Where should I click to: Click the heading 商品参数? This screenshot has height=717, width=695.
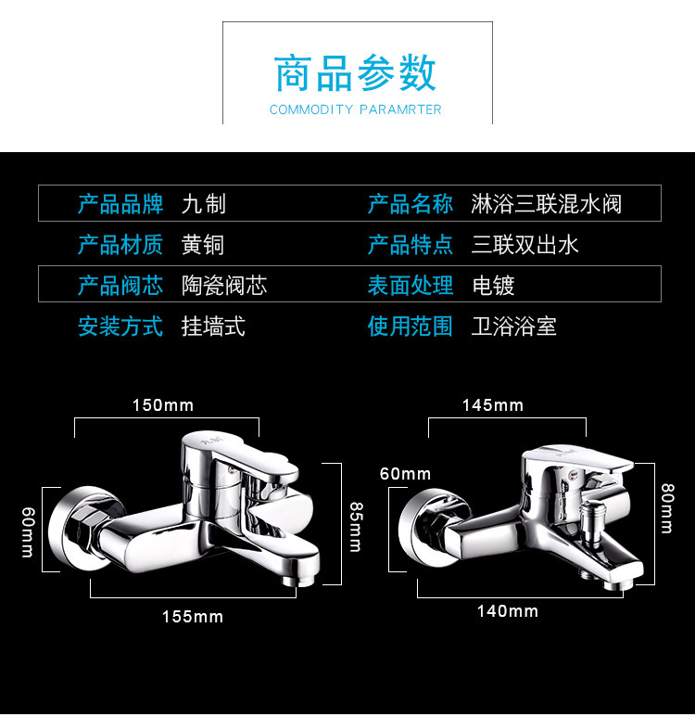(355, 74)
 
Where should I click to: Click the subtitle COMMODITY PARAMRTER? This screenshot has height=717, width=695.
(355, 109)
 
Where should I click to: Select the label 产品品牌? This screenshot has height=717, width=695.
(120, 204)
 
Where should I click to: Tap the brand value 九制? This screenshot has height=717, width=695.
(204, 204)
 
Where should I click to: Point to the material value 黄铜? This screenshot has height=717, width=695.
(203, 245)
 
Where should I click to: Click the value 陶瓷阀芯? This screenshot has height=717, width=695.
(224, 286)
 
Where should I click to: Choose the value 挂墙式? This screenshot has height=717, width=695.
(213, 326)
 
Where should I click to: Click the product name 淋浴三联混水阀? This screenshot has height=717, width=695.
(547, 204)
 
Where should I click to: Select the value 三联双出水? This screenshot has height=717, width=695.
(525, 245)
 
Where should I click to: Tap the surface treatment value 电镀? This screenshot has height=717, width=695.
(493, 286)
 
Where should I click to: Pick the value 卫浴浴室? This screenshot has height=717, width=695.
(514, 326)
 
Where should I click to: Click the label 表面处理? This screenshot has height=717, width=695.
(411, 286)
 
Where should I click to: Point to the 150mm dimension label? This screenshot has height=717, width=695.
(163, 405)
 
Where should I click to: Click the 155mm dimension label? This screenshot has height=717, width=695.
(193, 617)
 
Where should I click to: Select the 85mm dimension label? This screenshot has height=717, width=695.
(355, 526)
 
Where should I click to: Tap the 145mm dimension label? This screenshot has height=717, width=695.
(493, 405)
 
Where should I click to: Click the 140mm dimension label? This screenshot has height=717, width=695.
(508, 611)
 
